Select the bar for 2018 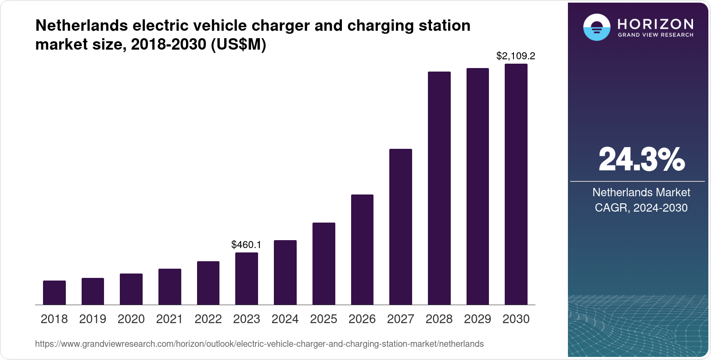tap(54, 292)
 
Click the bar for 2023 tap(247, 278)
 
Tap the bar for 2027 tap(401, 227)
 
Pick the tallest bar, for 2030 tap(516, 184)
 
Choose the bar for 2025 tap(324, 263)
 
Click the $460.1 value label tap(246, 245)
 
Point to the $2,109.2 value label tap(516, 56)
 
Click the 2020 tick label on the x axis tap(131, 319)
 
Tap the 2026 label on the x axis tap(362, 319)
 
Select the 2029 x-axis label tap(478, 319)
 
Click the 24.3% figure tap(641, 159)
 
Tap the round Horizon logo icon tap(596, 27)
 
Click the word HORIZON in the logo tap(655, 24)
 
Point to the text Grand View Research tap(655, 35)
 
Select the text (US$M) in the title tap(239, 44)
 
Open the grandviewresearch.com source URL tap(259, 344)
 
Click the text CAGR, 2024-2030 tap(641, 208)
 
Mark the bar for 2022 tap(208, 283)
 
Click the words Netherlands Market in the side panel tap(641, 192)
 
